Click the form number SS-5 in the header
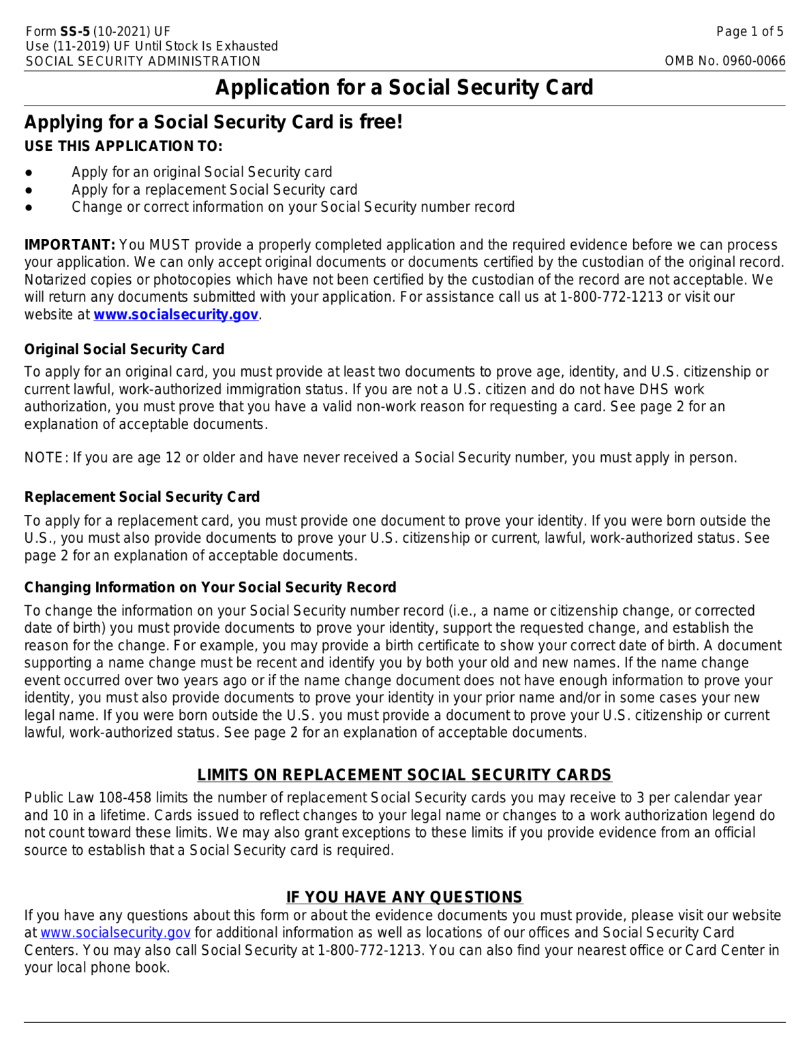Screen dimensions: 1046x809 [75, 31]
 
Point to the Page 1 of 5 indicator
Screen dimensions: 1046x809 [750, 31]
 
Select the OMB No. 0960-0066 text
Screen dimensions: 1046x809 [724, 61]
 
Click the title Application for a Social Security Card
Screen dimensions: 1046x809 [404, 87]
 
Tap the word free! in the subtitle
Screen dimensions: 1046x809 [381, 122]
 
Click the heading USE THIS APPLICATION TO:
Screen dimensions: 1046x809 [123, 146]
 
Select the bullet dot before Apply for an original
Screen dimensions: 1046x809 [29, 173]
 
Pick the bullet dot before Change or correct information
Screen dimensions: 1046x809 [29, 208]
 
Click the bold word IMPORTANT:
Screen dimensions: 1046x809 [70, 245]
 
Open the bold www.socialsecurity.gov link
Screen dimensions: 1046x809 [176, 315]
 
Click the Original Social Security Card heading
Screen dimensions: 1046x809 [124, 349]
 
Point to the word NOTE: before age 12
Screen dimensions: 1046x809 [46, 458]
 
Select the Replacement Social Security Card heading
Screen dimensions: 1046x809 [142, 497]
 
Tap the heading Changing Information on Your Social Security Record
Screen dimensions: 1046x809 [210, 588]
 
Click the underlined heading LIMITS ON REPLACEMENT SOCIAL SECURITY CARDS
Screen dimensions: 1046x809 [404, 775]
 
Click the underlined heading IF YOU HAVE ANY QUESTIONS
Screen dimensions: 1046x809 [404, 897]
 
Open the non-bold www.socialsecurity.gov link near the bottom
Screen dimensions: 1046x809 [115, 933]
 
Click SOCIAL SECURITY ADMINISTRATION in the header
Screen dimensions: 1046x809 [143, 61]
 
